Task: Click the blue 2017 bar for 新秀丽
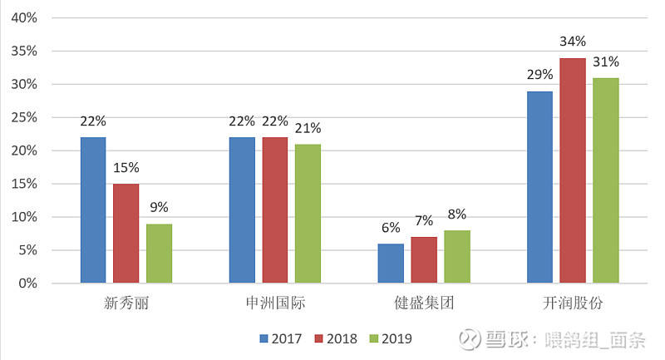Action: click(93, 210)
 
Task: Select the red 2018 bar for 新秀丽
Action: click(126, 234)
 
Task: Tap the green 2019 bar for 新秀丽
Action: click(159, 254)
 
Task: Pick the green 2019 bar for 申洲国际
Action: click(308, 214)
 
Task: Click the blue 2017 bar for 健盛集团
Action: click(391, 264)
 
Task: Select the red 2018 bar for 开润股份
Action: click(573, 170)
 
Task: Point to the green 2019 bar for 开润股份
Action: click(606, 180)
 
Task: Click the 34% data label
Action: click(573, 42)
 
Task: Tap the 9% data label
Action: click(159, 208)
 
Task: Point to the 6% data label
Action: click(391, 228)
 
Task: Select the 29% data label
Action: click(539, 75)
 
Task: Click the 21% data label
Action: click(308, 128)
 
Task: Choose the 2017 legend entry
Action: click(279, 338)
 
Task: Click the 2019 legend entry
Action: click(390, 338)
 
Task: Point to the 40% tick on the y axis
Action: click(25, 17)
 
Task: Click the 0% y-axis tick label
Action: click(28, 284)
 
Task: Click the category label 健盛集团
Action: click(424, 303)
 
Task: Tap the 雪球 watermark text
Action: click(502, 338)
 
